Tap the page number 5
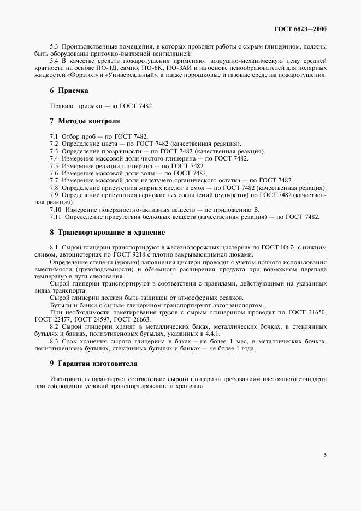(x=325, y=454)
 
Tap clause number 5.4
(x=55, y=61)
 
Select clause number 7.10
(x=56, y=210)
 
